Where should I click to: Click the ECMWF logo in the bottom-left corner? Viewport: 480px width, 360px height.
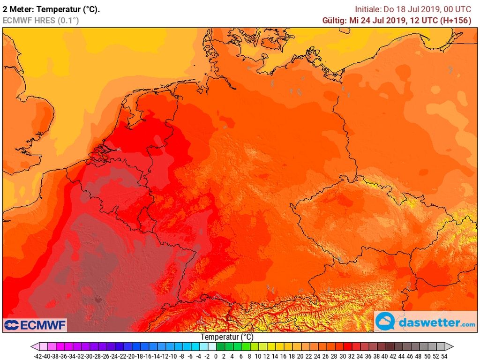point(35,325)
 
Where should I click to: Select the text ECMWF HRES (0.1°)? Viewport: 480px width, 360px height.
point(41,20)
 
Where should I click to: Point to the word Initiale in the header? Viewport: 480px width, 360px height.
point(369,9)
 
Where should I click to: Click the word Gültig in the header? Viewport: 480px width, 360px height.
point(334,20)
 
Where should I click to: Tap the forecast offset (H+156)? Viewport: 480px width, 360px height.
point(455,20)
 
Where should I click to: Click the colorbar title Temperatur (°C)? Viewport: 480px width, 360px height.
point(227,337)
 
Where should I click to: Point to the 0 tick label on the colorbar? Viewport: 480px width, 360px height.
point(215,356)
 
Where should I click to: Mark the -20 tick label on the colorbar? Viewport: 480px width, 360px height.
point(131,356)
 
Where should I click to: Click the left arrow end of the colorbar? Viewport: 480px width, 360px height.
point(35,346)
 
